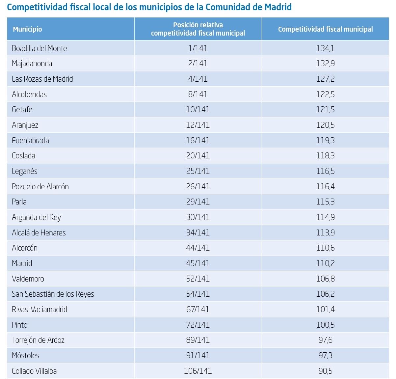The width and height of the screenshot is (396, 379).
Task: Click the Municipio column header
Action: [28, 29]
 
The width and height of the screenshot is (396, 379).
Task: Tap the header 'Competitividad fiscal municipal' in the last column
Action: [325, 29]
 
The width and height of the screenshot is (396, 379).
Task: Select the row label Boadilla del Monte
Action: [39, 48]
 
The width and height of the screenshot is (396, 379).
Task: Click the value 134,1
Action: [325, 48]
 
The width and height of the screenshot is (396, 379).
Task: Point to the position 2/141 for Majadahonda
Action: [198, 64]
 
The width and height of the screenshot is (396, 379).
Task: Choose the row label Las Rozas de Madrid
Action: [42, 79]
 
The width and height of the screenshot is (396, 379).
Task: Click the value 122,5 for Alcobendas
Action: [325, 95]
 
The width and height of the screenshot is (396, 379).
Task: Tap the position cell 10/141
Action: [198, 110]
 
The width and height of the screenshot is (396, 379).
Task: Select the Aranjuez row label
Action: [25, 125]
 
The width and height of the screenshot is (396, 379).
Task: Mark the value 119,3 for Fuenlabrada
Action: [325, 141]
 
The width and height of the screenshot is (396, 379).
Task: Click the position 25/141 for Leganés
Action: [198, 171]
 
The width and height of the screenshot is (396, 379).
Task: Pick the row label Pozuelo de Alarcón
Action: [40, 187]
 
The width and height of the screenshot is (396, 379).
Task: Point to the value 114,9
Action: [325, 217]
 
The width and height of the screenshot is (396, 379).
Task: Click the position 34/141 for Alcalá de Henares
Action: [198, 233]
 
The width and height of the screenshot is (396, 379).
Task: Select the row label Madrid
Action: [22, 263]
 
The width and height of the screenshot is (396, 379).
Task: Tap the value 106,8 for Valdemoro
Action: [325, 279]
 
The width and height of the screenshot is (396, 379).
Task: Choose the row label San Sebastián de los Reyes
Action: [53, 294]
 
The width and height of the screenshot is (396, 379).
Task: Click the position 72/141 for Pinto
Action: [198, 325]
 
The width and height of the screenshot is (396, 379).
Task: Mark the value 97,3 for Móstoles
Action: [325, 356]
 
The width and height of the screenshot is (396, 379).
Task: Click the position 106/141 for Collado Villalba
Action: [198, 371]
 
